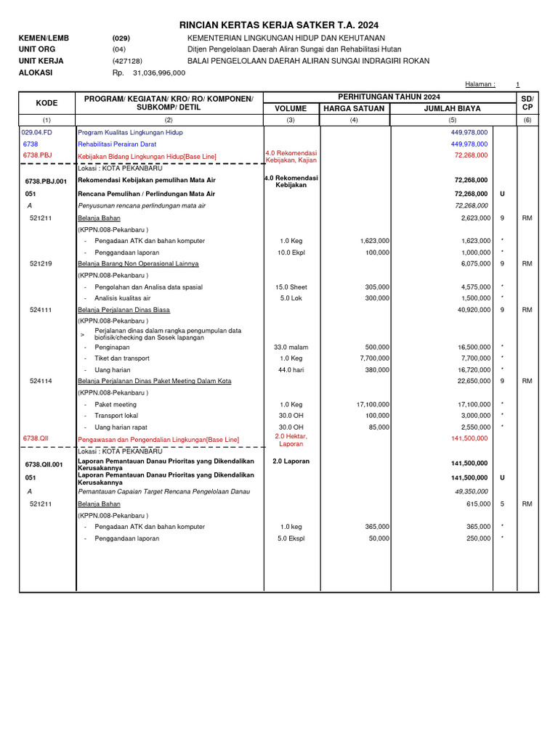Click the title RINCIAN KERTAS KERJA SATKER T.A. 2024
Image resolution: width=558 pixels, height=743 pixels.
[x=278, y=25]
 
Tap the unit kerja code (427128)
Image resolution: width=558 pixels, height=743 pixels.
[x=126, y=62]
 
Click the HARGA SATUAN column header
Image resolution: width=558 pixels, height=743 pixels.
[x=354, y=109]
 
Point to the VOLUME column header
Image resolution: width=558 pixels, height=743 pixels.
[x=290, y=109]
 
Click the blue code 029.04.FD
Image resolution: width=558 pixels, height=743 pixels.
[x=38, y=133]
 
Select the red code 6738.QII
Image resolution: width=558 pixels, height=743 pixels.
[x=35, y=438]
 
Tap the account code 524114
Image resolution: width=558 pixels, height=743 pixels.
[x=41, y=381]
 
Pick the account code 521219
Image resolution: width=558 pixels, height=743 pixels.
[x=41, y=263]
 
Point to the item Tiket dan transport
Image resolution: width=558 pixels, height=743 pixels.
[x=122, y=358]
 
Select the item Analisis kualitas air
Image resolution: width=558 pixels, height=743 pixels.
[x=123, y=298]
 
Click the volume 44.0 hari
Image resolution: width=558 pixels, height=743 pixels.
[x=290, y=370]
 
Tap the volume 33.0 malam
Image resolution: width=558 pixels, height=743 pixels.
[x=290, y=347]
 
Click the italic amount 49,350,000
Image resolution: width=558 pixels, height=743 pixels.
[x=471, y=492]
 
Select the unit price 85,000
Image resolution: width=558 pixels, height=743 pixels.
[x=379, y=427]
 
